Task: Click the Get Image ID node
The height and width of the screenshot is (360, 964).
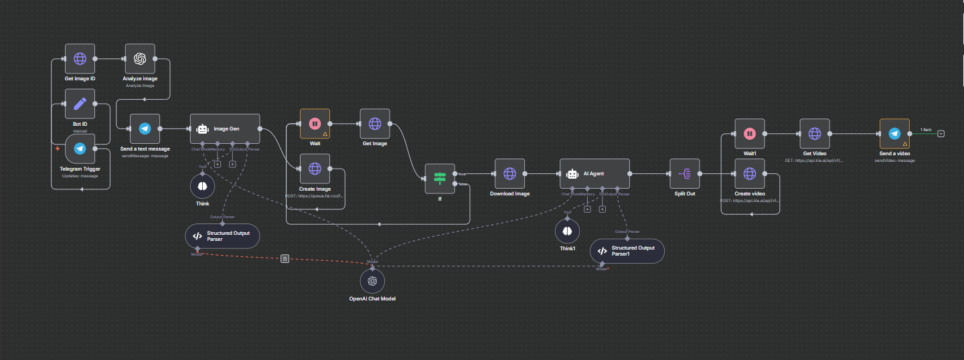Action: pyautogui.click(x=80, y=59)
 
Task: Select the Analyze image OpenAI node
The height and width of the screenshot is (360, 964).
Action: pyautogui.click(x=140, y=59)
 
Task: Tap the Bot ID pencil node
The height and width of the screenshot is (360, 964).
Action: pyautogui.click(x=80, y=104)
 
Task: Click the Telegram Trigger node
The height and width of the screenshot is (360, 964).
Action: pyautogui.click(x=80, y=149)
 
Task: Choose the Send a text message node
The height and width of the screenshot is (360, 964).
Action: pyautogui.click(x=145, y=128)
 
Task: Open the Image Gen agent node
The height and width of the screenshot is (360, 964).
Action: pyautogui.click(x=224, y=128)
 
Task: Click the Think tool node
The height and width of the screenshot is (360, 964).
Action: pyautogui.click(x=202, y=185)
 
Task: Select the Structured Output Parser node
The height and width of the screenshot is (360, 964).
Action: pyautogui.click(x=222, y=236)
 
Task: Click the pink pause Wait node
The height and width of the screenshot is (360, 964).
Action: pyautogui.click(x=315, y=124)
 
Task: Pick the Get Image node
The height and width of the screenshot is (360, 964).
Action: pyautogui.click(x=375, y=124)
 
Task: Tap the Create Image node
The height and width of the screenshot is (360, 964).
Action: pyautogui.click(x=315, y=169)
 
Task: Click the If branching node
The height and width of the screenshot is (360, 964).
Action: pyautogui.click(x=440, y=178)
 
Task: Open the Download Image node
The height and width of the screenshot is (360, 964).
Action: pyautogui.click(x=509, y=173)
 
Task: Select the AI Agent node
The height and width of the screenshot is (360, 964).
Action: pyautogui.click(x=594, y=173)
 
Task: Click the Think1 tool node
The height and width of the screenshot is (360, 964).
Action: pyautogui.click(x=567, y=231)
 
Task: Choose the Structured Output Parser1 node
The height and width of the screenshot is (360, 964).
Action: pyautogui.click(x=627, y=251)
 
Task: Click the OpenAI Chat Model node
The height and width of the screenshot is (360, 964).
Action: pyautogui.click(x=372, y=280)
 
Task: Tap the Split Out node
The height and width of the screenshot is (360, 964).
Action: pyautogui.click(x=685, y=173)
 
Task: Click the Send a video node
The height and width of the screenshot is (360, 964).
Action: pyautogui.click(x=894, y=134)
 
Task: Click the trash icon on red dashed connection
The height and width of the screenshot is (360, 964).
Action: pyautogui.click(x=285, y=258)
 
